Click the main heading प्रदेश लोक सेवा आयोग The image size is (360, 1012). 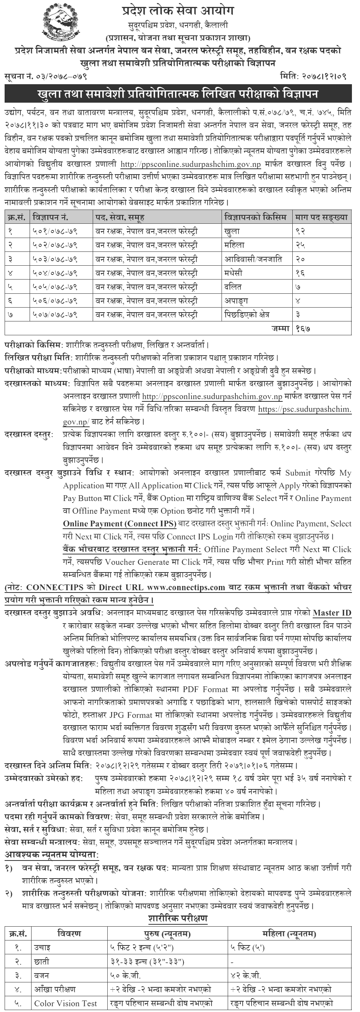click(178, 11)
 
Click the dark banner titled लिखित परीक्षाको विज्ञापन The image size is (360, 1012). click(178, 95)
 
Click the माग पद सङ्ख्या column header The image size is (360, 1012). click(321, 217)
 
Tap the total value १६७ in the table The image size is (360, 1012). click(303, 328)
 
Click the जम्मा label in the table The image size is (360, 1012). click(281, 328)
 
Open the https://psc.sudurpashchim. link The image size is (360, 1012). click(305, 409)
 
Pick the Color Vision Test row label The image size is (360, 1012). click(66, 1003)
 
